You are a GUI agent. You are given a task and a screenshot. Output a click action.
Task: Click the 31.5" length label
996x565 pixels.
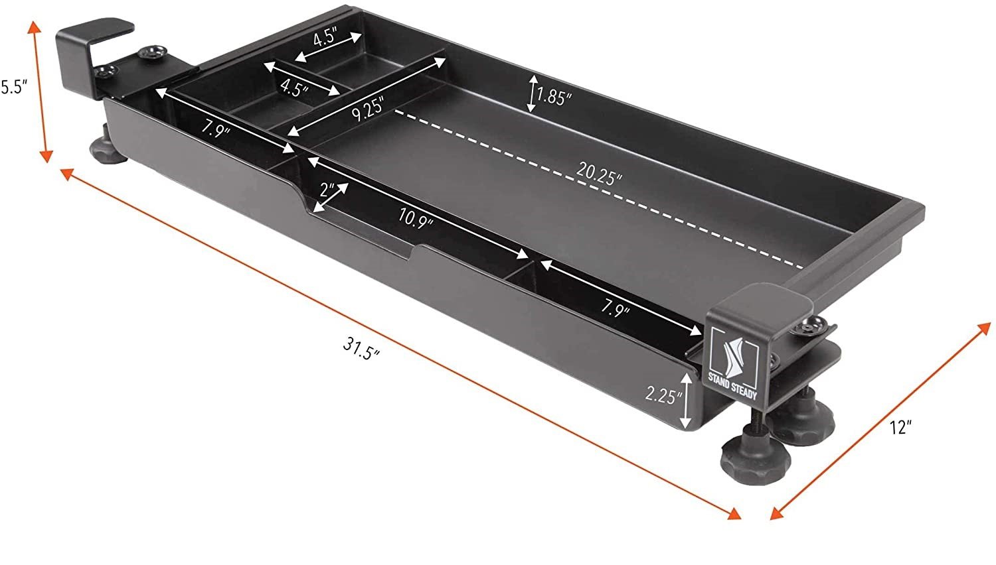coord(362,347)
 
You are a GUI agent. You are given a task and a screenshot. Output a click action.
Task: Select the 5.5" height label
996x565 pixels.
coord(12,87)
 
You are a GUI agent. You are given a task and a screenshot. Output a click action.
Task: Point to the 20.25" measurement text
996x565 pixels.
coord(599,174)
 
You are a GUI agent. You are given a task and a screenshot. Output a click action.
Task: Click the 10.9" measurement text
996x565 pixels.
coord(416,218)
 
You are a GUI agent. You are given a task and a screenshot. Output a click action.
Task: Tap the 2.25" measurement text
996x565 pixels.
coord(664,396)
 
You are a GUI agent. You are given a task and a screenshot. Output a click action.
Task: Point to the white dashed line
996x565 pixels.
coord(598,192)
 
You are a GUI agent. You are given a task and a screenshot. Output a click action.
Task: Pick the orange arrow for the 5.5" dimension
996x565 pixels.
coord(39,90)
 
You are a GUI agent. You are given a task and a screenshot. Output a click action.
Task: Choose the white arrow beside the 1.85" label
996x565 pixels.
coord(532,93)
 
